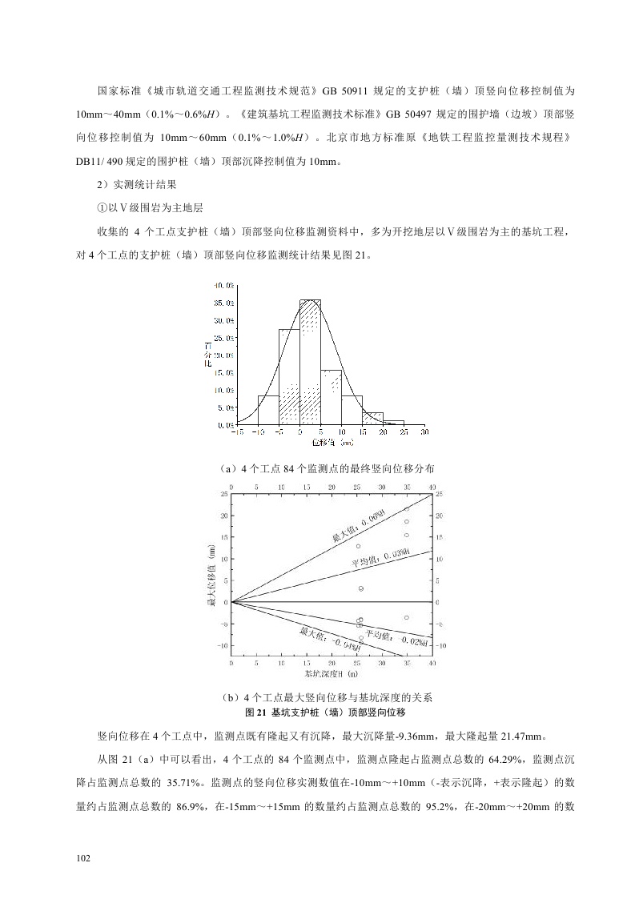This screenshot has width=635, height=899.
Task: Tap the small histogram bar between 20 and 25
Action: tap(393, 422)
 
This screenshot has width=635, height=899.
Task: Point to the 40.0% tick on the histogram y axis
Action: tap(224, 285)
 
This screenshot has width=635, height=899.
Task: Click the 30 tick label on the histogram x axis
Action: tap(424, 432)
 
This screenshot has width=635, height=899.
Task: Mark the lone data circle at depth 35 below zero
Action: tap(407, 618)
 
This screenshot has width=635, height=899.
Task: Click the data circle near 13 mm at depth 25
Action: tap(358, 547)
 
